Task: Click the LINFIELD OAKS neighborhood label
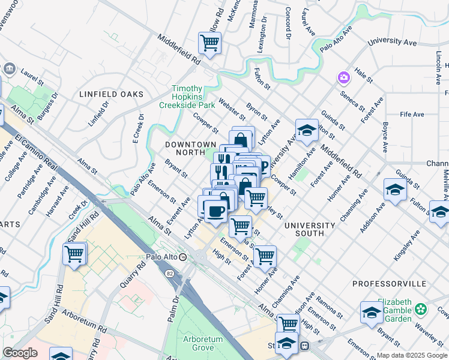pyautogui.click(x=112, y=94)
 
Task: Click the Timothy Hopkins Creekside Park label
pyautogui.click(x=187, y=96)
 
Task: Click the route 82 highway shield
pyautogui.click(x=170, y=272)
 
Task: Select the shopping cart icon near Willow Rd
pyautogui.click(x=209, y=42)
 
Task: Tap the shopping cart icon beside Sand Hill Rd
pyautogui.click(x=74, y=253)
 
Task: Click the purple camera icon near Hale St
pyautogui.click(x=344, y=77)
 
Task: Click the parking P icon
pyautogui.click(x=262, y=166)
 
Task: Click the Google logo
pyautogui.click(x=20, y=352)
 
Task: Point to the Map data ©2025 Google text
pyautogui.click(x=411, y=355)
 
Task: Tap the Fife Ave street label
pyautogui.click(x=412, y=114)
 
